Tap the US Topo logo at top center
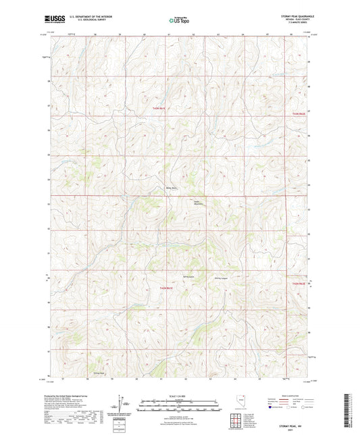point(178,20)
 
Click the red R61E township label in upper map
point(157,108)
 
